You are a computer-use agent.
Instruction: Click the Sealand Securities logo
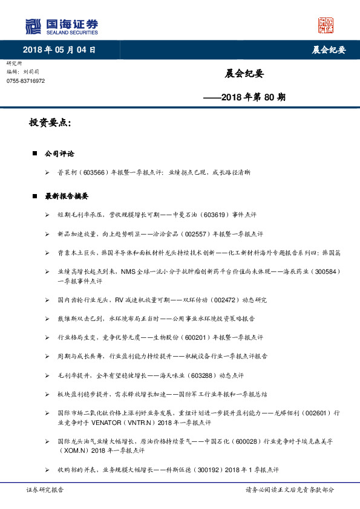point(61,26)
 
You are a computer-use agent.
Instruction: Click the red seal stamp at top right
point(326,25)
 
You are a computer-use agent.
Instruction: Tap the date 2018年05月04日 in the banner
point(59,50)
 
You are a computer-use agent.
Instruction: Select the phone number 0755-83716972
point(25,80)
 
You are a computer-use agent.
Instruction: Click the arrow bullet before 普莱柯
point(47,173)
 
